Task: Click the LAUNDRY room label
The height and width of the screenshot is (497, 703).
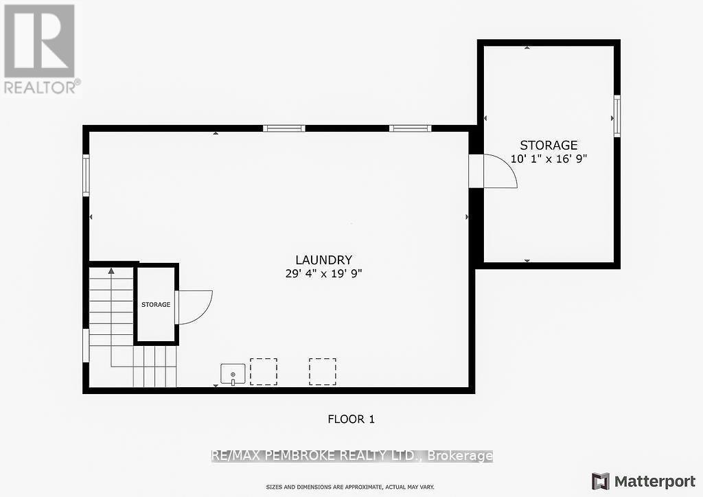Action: click(323, 260)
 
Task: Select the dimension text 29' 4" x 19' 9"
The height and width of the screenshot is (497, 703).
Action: click(323, 273)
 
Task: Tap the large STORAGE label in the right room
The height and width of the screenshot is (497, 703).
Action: click(549, 146)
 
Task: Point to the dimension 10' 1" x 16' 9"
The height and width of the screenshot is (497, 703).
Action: click(549, 158)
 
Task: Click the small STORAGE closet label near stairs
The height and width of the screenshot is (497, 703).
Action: click(156, 304)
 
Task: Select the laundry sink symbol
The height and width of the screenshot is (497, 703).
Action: click(233, 374)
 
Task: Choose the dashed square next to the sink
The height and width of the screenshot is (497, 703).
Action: click(264, 371)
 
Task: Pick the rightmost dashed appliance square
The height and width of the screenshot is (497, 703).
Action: click(323, 371)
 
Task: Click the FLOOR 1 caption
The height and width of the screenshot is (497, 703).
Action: click(351, 419)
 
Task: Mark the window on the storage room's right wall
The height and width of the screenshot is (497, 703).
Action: click(616, 117)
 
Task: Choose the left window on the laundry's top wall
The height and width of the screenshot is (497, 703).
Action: click(284, 128)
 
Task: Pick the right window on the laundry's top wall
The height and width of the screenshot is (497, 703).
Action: click(410, 128)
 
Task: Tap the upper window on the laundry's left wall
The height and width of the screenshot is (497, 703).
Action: click(87, 175)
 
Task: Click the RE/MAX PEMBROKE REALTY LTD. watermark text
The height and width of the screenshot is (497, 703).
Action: click(351, 456)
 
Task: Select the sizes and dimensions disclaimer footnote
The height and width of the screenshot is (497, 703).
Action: click(350, 487)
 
